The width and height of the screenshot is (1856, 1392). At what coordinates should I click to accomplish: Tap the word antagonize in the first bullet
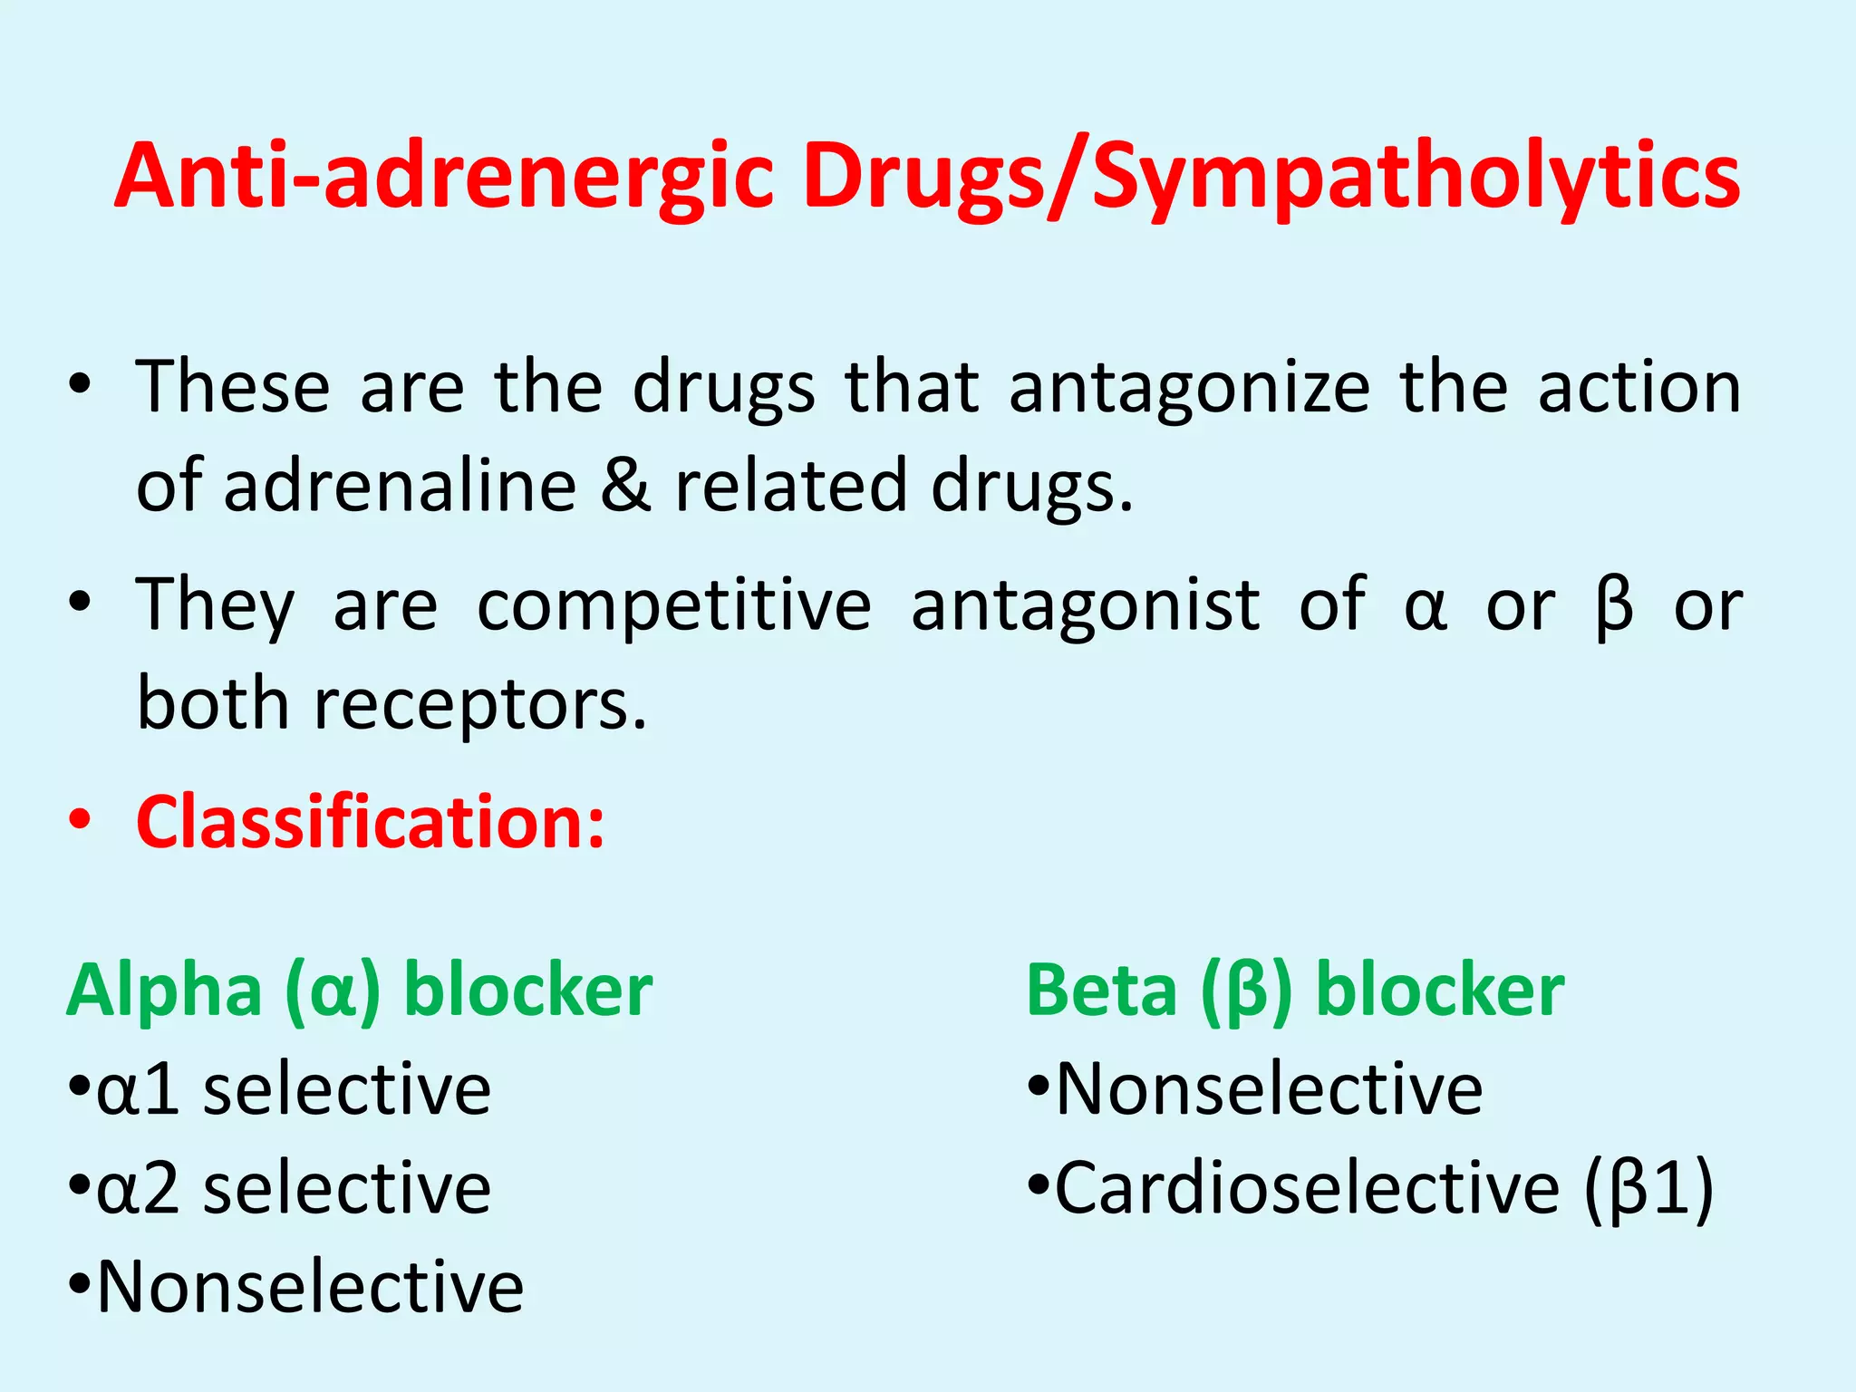[x=1189, y=388]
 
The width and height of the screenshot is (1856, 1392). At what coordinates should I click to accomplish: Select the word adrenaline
[x=400, y=487]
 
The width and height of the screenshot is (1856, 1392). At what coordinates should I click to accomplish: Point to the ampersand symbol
[x=625, y=487]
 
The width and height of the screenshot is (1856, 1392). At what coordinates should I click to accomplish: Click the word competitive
[x=673, y=605]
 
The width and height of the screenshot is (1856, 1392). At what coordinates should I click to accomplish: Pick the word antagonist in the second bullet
[x=1085, y=605]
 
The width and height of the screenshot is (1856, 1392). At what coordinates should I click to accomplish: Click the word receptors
[x=480, y=704]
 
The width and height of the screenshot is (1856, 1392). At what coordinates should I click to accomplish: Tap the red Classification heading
[x=370, y=822]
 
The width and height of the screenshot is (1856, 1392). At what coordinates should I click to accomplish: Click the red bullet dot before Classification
[x=80, y=820]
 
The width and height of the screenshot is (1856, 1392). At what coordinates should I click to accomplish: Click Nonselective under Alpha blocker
[x=310, y=1287]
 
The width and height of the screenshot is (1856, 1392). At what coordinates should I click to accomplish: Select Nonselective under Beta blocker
[x=1269, y=1089]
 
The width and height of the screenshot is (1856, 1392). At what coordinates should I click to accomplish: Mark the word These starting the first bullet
[x=233, y=388]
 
